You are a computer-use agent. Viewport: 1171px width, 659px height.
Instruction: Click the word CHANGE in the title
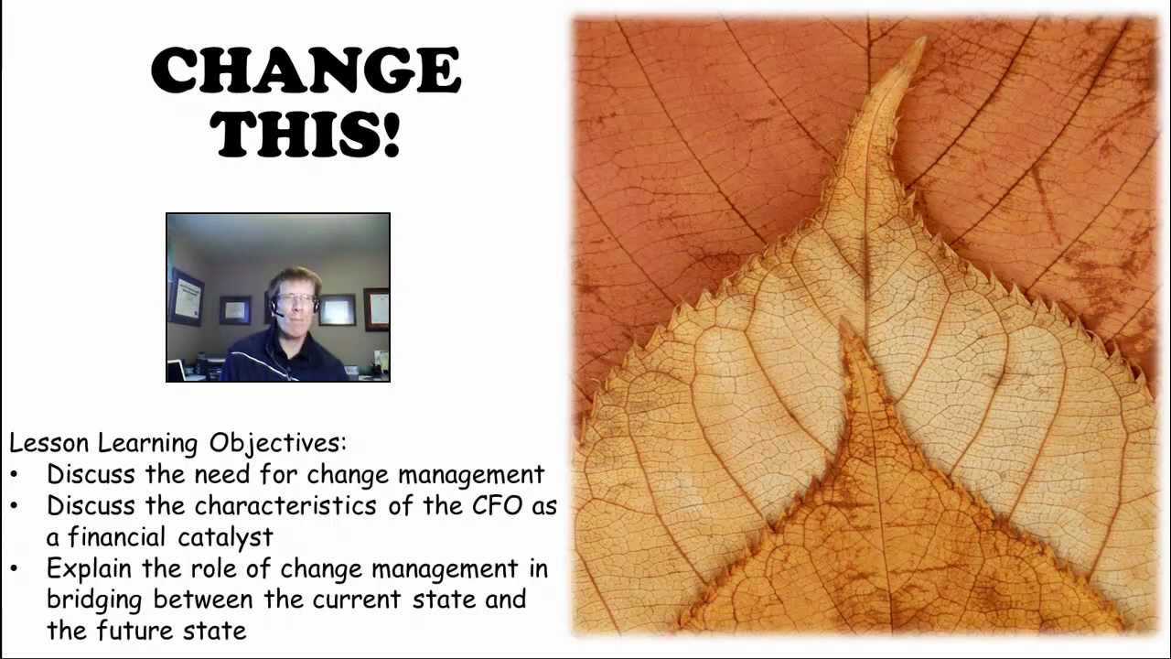(x=306, y=71)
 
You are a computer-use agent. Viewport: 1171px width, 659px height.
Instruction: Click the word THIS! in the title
(x=306, y=134)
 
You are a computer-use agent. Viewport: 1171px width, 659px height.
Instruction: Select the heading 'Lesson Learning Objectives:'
(x=178, y=444)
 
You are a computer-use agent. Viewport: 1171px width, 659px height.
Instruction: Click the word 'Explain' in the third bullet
(x=85, y=569)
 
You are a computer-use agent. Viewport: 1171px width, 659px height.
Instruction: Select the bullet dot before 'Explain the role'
(x=15, y=569)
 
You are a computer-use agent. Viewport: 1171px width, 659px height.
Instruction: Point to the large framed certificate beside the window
(x=186, y=297)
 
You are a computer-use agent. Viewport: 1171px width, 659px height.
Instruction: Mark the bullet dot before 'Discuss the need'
(x=15, y=475)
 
